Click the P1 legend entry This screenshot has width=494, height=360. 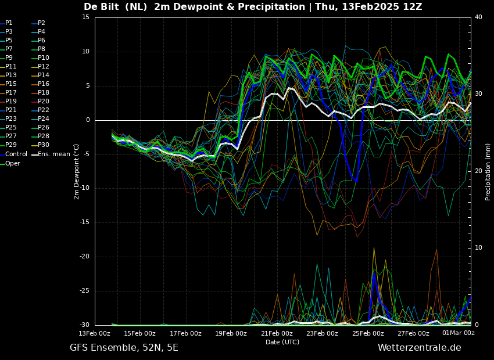pyautogui.click(x=6, y=23)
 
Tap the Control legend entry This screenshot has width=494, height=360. pyautogui.click(x=14, y=154)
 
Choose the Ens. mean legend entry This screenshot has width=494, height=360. pyautogui.click(x=51, y=154)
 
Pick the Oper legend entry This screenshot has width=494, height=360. pyautogui.click(x=10, y=163)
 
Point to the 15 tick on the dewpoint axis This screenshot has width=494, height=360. pyautogui.click(x=85, y=17)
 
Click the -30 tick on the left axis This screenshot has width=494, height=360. pyautogui.click(x=84, y=325)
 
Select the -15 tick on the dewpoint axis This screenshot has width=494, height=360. pyautogui.click(x=84, y=222)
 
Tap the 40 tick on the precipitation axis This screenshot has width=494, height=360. pyautogui.click(x=478, y=17)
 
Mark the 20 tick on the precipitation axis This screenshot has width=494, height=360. pyautogui.click(x=478, y=171)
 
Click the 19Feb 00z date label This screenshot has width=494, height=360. pyautogui.click(x=231, y=333)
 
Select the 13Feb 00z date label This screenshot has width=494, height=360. pyautogui.click(x=95, y=333)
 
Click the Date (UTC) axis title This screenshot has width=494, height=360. pyautogui.click(x=282, y=342)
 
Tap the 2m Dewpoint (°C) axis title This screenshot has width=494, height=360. pyautogui.click(x=76, y=172)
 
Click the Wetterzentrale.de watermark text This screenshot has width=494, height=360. pyautogui.click(x=420, y=348)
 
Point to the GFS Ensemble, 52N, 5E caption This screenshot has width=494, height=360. pyautogui.click(x=124, y=348)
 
